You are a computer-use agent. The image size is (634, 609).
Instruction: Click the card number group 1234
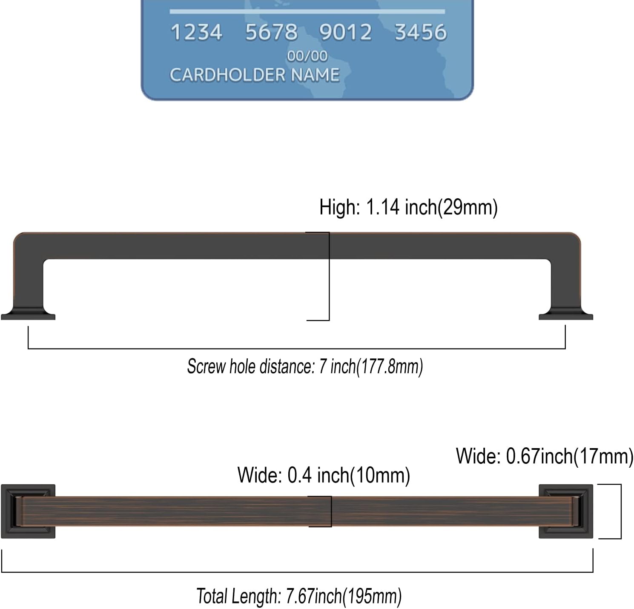[x=196, y=32]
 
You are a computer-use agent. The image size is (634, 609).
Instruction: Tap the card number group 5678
[x=271, y=32]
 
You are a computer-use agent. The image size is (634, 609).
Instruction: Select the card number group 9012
[x=345, y=32]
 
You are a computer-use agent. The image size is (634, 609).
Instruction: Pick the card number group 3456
[x=421, y=32]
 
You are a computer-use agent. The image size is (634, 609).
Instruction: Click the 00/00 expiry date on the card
[x=307, y=56]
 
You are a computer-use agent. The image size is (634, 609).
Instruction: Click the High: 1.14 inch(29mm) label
[x=408, y=207]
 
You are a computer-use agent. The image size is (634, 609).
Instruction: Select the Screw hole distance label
[x=305, y=366]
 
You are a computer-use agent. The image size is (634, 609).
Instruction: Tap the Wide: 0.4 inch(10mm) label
[x=324, y=475]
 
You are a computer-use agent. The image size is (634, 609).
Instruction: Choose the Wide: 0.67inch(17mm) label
[x=544, y=456]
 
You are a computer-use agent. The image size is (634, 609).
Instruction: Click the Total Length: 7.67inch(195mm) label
[x=299, y=596]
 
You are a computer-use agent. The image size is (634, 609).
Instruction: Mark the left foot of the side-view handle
[x=28, y=315]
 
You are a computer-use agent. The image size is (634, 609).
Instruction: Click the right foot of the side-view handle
[x=566, y=315]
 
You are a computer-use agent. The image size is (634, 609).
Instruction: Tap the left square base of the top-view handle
[x=28, y=511]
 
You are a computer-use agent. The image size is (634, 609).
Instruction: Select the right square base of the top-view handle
[x=566, y=511]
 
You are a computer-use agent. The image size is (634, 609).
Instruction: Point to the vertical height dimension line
[x=329, y=276]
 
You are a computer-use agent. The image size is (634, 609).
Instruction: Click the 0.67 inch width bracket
[x=620, y=511]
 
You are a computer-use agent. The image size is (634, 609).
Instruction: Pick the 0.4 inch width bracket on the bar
[x=330, y=511]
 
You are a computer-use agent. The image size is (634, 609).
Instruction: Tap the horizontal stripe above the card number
[x=307, y=11]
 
